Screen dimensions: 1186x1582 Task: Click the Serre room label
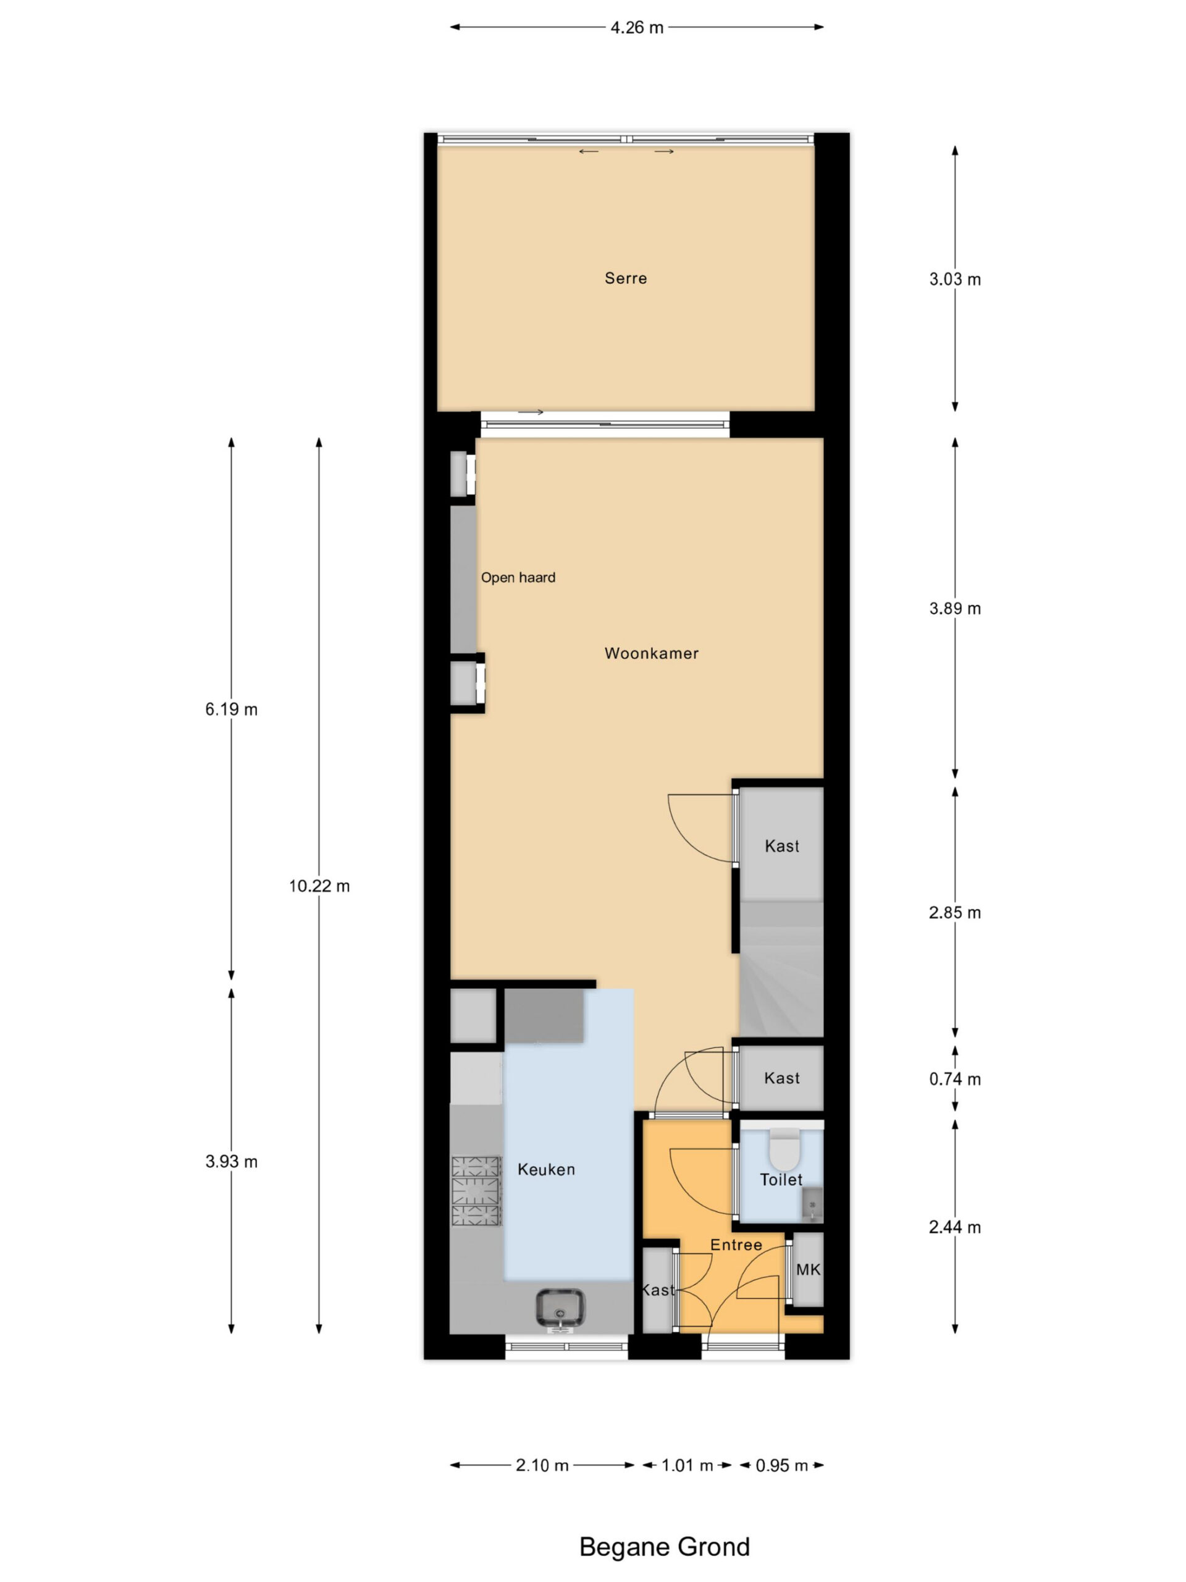coord(626,278)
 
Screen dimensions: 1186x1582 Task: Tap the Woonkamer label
coord(651,653)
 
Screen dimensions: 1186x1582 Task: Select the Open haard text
coord(518,577)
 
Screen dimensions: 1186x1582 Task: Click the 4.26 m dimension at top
coord(636,27)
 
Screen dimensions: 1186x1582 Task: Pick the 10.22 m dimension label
coord(319,886)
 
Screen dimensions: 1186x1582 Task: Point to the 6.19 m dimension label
coord(231,709)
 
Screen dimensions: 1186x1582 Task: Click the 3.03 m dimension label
coord(954,280)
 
